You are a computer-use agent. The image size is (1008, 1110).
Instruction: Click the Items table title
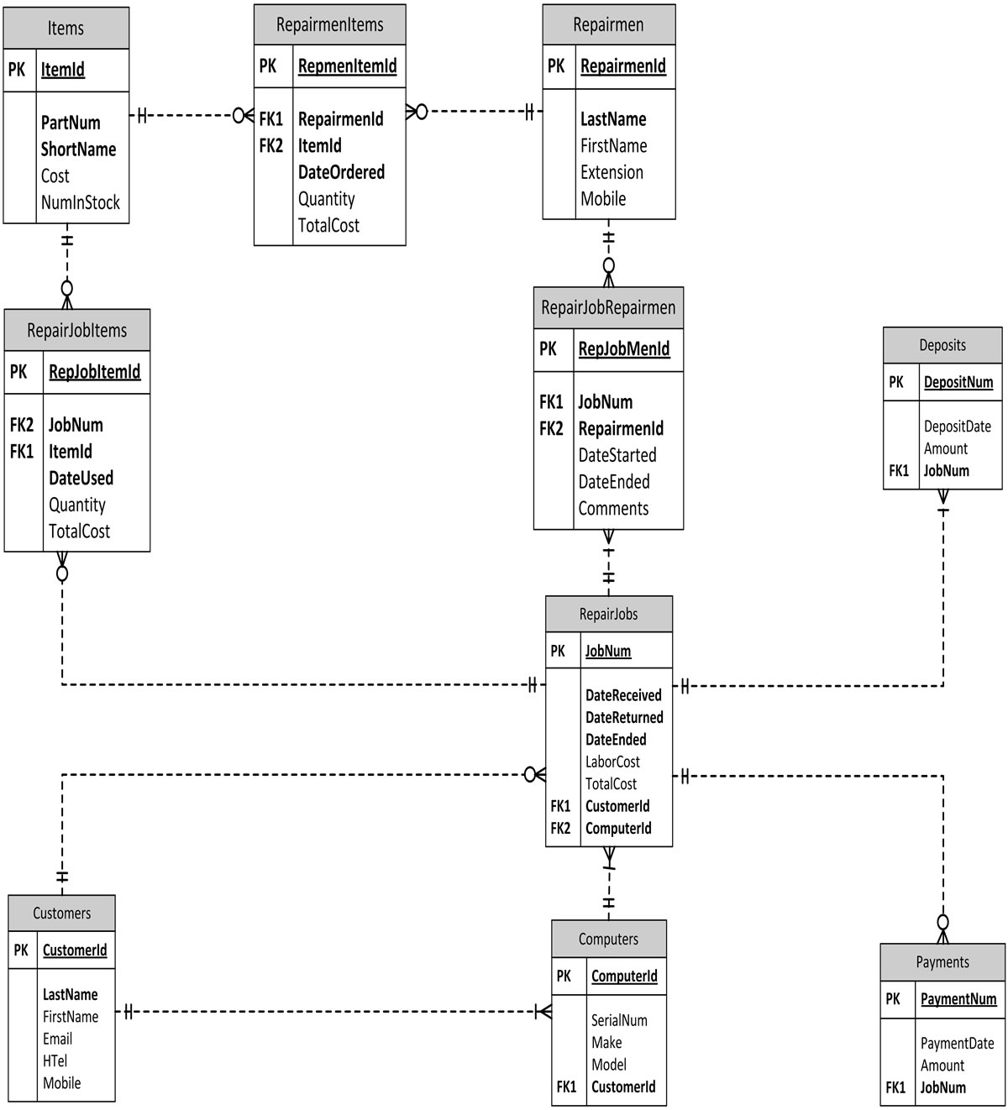click(x=66, y=29)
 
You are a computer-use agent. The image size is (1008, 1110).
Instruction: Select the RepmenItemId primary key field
click(x=347, y=66)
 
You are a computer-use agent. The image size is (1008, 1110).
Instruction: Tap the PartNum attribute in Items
click(x=71, y=123)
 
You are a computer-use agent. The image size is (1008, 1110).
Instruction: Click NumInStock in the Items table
click(x=81, y=202)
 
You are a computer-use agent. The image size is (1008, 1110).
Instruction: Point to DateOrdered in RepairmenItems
click(x=341, y=172)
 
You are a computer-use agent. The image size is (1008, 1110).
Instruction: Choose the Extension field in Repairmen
click(x=612, y=172)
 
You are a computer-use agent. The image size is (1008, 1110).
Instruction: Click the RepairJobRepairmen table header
click(x=608, y=307)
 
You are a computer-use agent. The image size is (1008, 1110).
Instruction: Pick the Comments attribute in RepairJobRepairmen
click(x=613, y=508)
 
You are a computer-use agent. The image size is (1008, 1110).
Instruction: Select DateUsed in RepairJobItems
click(x=81, y=478)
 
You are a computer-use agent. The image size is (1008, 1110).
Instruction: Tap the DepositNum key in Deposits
click(x=958, y=382)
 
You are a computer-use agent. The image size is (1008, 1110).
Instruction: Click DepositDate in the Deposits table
click(x=957, y=427)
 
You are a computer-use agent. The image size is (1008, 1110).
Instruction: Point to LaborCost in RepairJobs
click(x=612, y=762)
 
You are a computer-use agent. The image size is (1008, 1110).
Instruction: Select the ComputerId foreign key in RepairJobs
click(x=618, y=829)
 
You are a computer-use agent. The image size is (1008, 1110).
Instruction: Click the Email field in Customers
click(x=58, y=1039)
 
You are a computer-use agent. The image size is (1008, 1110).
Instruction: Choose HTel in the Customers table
click(x=55, y=1060)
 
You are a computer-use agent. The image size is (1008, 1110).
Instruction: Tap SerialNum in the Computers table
click(x=619, y=1020)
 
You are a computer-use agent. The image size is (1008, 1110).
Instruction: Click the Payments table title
click(x=942, y=962)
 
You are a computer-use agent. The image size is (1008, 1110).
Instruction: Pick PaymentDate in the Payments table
click(x=957, y=1044)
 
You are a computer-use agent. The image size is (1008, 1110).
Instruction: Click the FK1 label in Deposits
click(x=899, y=471)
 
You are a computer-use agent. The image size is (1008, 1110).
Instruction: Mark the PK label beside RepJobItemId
click(x=18, y=372)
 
